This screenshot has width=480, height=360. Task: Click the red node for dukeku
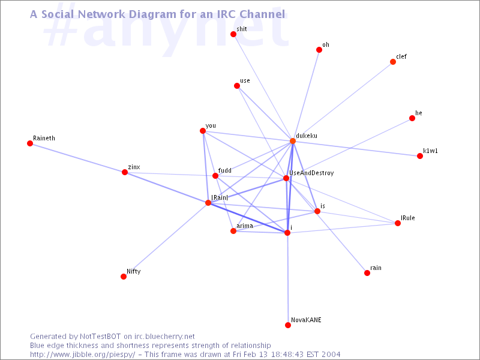coord(293,141)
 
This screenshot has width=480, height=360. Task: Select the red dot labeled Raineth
coord(29,143)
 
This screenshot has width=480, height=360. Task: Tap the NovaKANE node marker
coord(288,325)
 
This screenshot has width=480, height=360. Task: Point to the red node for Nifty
coord(124,277)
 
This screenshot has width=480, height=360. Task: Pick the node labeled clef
coord(393,62)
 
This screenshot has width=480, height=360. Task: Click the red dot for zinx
coord(125,172)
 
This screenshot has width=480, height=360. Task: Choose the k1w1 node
coord(420,156)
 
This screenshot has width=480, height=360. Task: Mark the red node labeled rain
coord(367,273)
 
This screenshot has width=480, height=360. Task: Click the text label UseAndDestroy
coord(311,173)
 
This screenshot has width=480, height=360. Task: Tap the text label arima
coord(245,226)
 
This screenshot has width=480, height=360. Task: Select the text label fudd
coord(224,170)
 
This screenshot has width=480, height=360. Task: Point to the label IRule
coord(408,218)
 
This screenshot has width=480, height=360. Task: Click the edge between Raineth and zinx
coord(77,158)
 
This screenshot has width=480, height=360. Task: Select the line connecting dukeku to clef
coord(343,101)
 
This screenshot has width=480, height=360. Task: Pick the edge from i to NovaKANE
coord(287,279)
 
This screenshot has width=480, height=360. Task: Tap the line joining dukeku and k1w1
coord(356,148)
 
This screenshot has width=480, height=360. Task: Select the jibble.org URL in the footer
coord(83,355)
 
